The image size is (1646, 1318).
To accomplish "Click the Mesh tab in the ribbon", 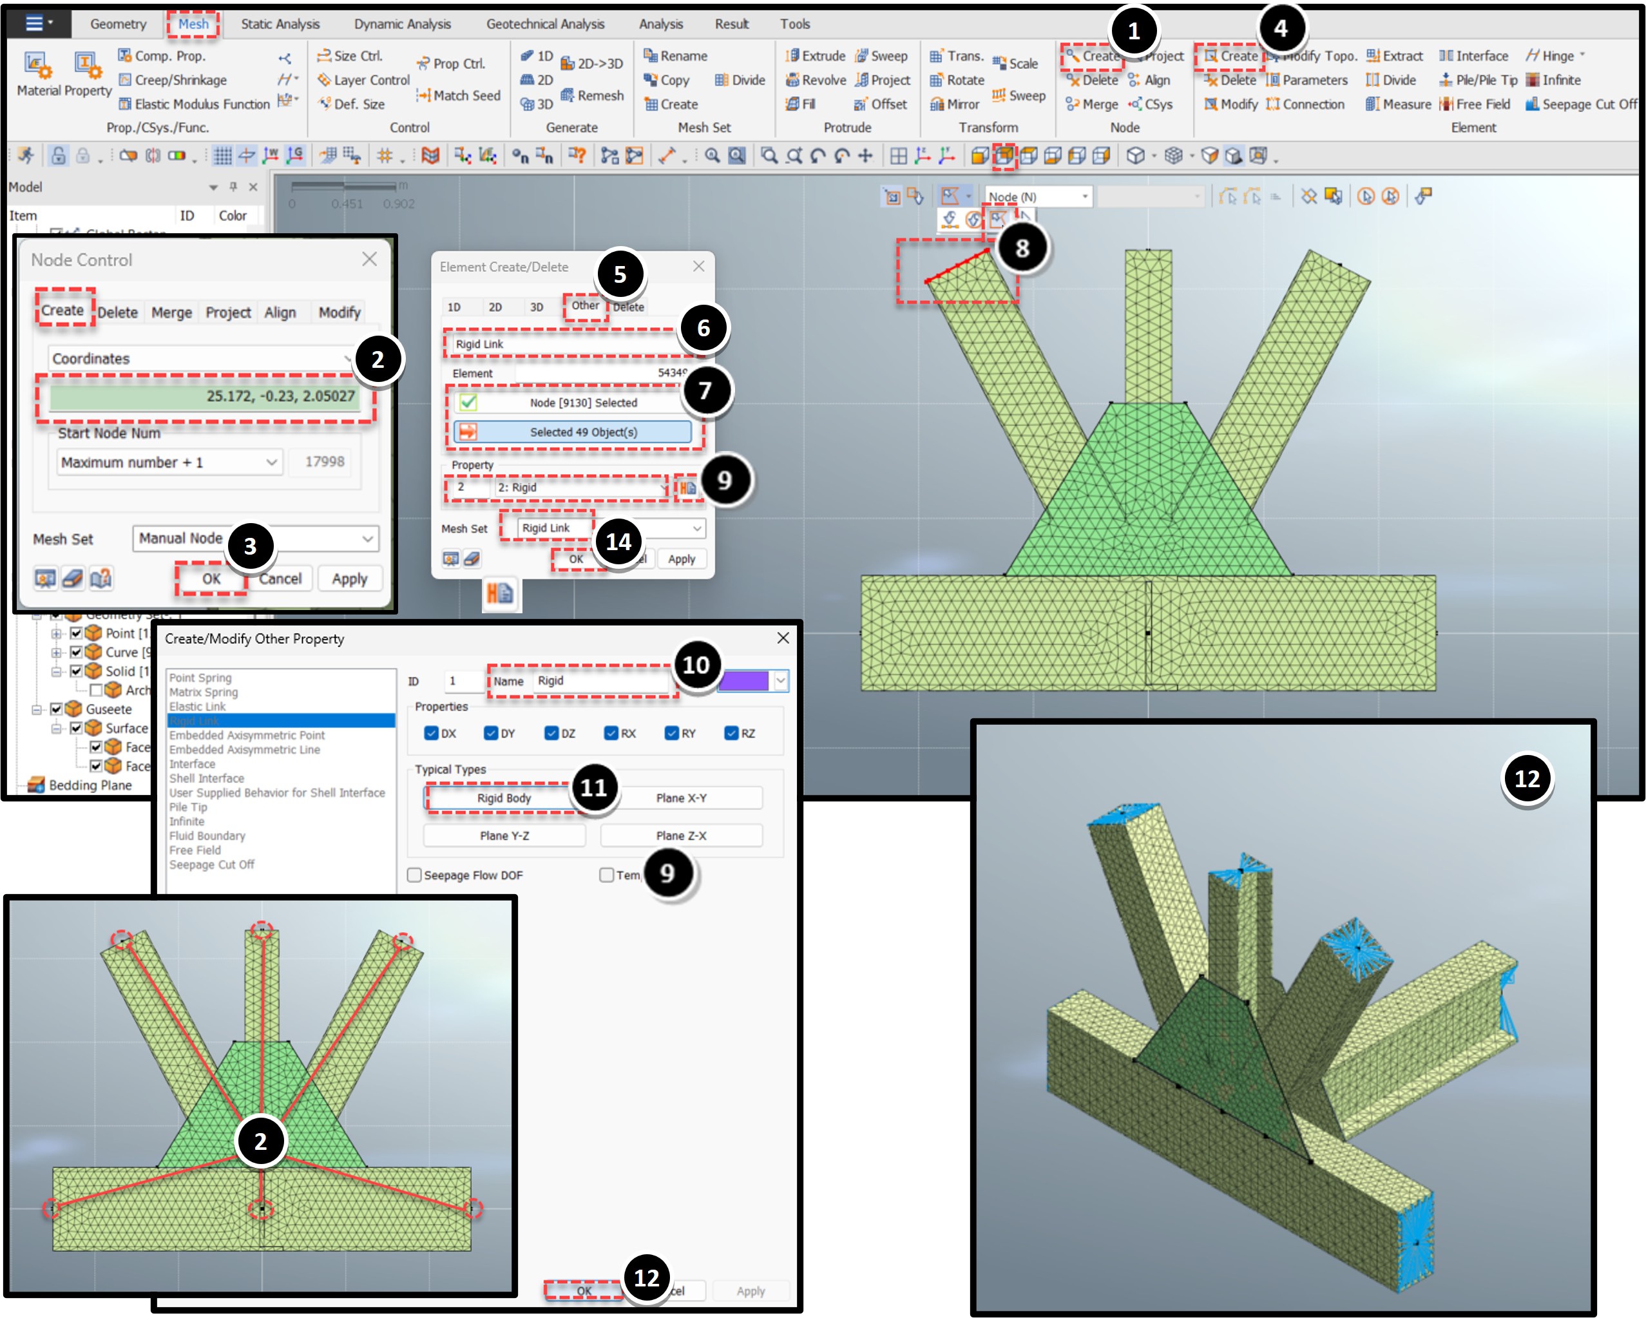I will [193, 24].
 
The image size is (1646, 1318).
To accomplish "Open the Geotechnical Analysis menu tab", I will [544, 24].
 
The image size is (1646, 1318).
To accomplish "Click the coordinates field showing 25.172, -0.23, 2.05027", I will [205, 396].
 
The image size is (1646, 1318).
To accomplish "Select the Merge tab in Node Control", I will [171, 312].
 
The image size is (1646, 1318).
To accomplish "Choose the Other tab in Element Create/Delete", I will [585, 305].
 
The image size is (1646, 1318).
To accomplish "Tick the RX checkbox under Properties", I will [611, 733].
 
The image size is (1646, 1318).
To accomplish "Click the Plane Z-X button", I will [681, 836].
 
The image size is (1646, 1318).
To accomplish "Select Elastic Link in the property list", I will [198, 706].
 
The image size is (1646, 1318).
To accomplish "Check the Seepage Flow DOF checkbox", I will [414, 875].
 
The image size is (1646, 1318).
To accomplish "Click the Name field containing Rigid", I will [599, 680].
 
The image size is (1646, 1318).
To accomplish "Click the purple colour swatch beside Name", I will [743, 680].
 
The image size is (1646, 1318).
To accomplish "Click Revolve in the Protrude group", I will [816, 80].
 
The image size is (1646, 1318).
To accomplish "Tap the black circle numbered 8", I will [1022, 248].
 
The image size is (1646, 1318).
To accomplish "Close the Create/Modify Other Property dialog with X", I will [783, 638].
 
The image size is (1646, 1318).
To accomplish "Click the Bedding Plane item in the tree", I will [90, 785].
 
